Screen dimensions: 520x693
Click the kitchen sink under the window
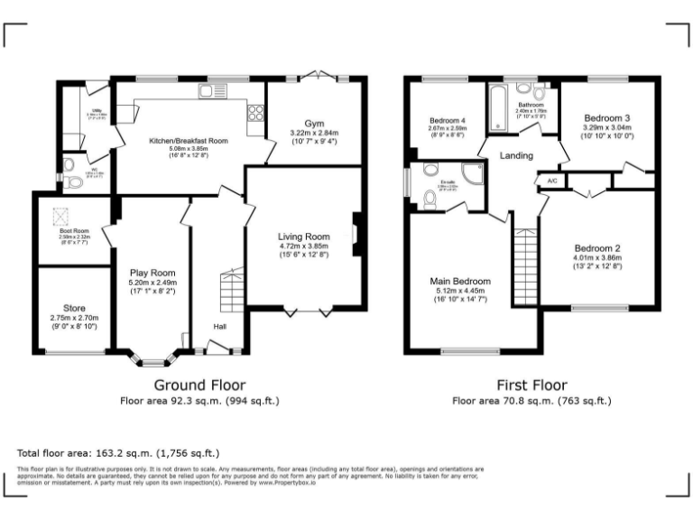tap(211, 91)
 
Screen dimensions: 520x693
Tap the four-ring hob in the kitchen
tap(254, 113)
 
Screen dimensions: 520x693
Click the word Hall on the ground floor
tap(219, 326)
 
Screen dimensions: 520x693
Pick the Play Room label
tap(152, 273)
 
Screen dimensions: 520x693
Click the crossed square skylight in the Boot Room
tap(61, 215)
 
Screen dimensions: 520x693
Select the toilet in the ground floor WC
tap(74, 182)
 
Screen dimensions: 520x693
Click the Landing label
tap(517, 155)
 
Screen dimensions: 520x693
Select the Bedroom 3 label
tap(606, 118)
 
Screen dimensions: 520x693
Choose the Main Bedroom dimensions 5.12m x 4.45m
tap(460, 291)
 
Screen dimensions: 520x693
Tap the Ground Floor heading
tap(199, 384)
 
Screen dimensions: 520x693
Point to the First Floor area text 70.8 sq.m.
tap(531, 400)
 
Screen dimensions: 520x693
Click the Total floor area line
tap(118, 452)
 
